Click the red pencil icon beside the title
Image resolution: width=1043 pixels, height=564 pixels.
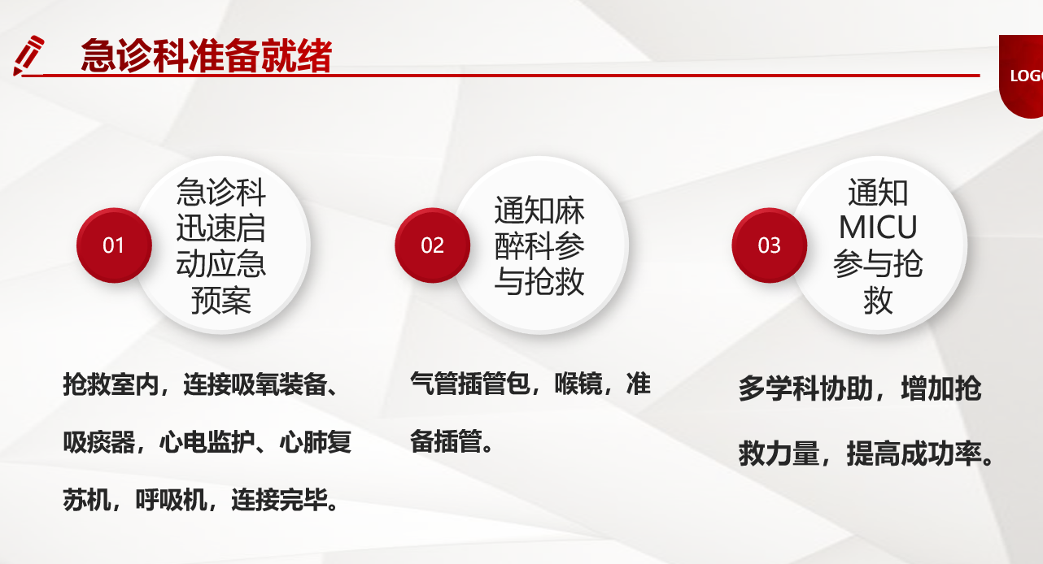[x=28, y=55]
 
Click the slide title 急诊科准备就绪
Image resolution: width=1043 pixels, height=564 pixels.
[x=207, y=56]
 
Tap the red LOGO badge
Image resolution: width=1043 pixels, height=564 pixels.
[x=1022, y=76]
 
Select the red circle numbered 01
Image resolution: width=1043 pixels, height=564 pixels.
[x=114, y=245]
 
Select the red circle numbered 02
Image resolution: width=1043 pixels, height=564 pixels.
[x=433, y=245]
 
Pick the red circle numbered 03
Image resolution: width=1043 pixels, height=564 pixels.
[x=769, y=245]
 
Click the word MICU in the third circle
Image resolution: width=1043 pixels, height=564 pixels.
[x=878, y=228]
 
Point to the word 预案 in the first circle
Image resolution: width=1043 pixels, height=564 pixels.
[x=221, y=301]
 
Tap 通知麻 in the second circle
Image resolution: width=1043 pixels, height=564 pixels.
[x=539, y=210]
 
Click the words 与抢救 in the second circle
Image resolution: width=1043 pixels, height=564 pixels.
[x=539, y=281]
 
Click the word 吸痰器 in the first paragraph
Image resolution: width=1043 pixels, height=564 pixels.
[x=98, y=442]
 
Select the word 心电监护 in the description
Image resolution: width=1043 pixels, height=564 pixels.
[x=207, y=442]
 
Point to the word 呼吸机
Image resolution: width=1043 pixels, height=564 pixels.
[x=171, y=501]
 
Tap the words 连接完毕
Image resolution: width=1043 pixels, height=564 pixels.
[x=279, y=501]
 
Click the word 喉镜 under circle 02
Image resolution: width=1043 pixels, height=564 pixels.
[x=578, y=384]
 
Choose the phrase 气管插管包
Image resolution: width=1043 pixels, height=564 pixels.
[x=469, y=384]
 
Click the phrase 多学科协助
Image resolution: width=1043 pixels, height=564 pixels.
[x=805, y=388]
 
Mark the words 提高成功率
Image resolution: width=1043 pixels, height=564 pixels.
[x=914, y=453]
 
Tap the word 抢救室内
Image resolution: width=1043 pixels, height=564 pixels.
[x=111, y=384]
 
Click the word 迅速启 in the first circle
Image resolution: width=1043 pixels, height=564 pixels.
[x=221, y=228]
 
